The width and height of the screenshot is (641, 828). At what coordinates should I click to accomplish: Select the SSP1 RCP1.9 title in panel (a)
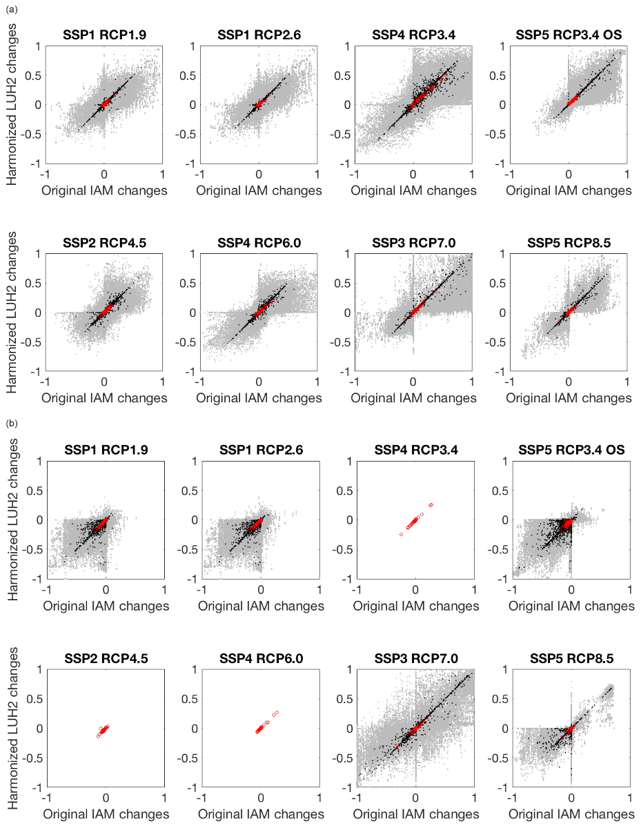click(104, 34)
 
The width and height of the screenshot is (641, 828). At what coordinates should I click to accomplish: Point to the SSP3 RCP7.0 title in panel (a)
click(414, 241)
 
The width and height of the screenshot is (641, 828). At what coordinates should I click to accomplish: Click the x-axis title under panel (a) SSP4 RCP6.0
click(259, 398)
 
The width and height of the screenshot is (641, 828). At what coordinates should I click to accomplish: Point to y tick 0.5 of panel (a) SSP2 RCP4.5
click(32, 283)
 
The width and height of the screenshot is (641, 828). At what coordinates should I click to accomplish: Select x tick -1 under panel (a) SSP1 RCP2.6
click(201, 175)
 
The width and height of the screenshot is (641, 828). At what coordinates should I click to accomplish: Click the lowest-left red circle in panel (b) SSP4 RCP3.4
click(400, 535)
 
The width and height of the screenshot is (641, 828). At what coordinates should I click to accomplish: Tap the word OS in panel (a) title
click(618, 34)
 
